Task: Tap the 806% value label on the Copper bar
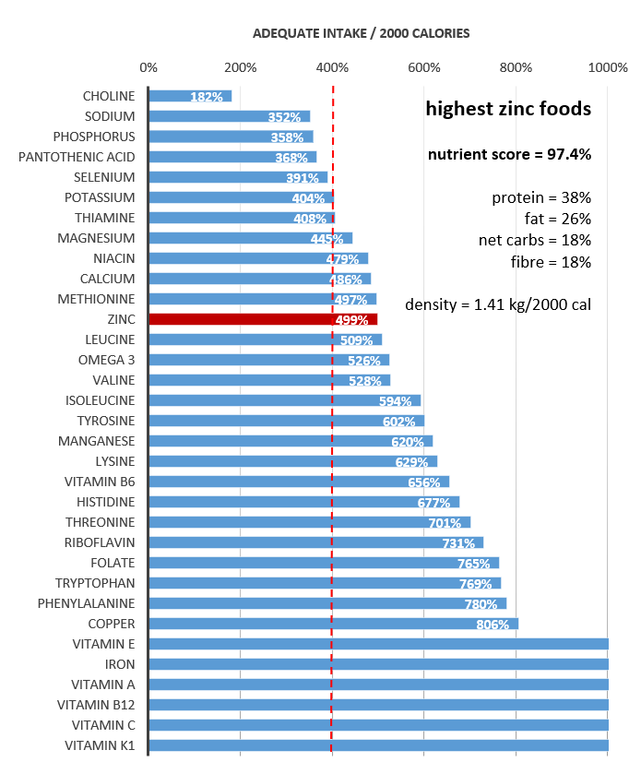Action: point(493,625)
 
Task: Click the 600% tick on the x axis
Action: point(424,67)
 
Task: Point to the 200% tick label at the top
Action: point(240,67)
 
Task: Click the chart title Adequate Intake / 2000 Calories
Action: point(362,33)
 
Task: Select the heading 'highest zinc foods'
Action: point(507,109)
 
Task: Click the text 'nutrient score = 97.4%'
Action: point(509,154)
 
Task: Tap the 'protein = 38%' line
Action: point(541,198)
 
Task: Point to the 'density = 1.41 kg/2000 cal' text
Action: point(498,304)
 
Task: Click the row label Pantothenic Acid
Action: point(77,157)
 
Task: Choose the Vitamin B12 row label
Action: point(102,705)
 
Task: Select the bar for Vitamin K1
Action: point(378,745)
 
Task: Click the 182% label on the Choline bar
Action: point(206,97)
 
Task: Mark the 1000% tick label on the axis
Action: point(608,67)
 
